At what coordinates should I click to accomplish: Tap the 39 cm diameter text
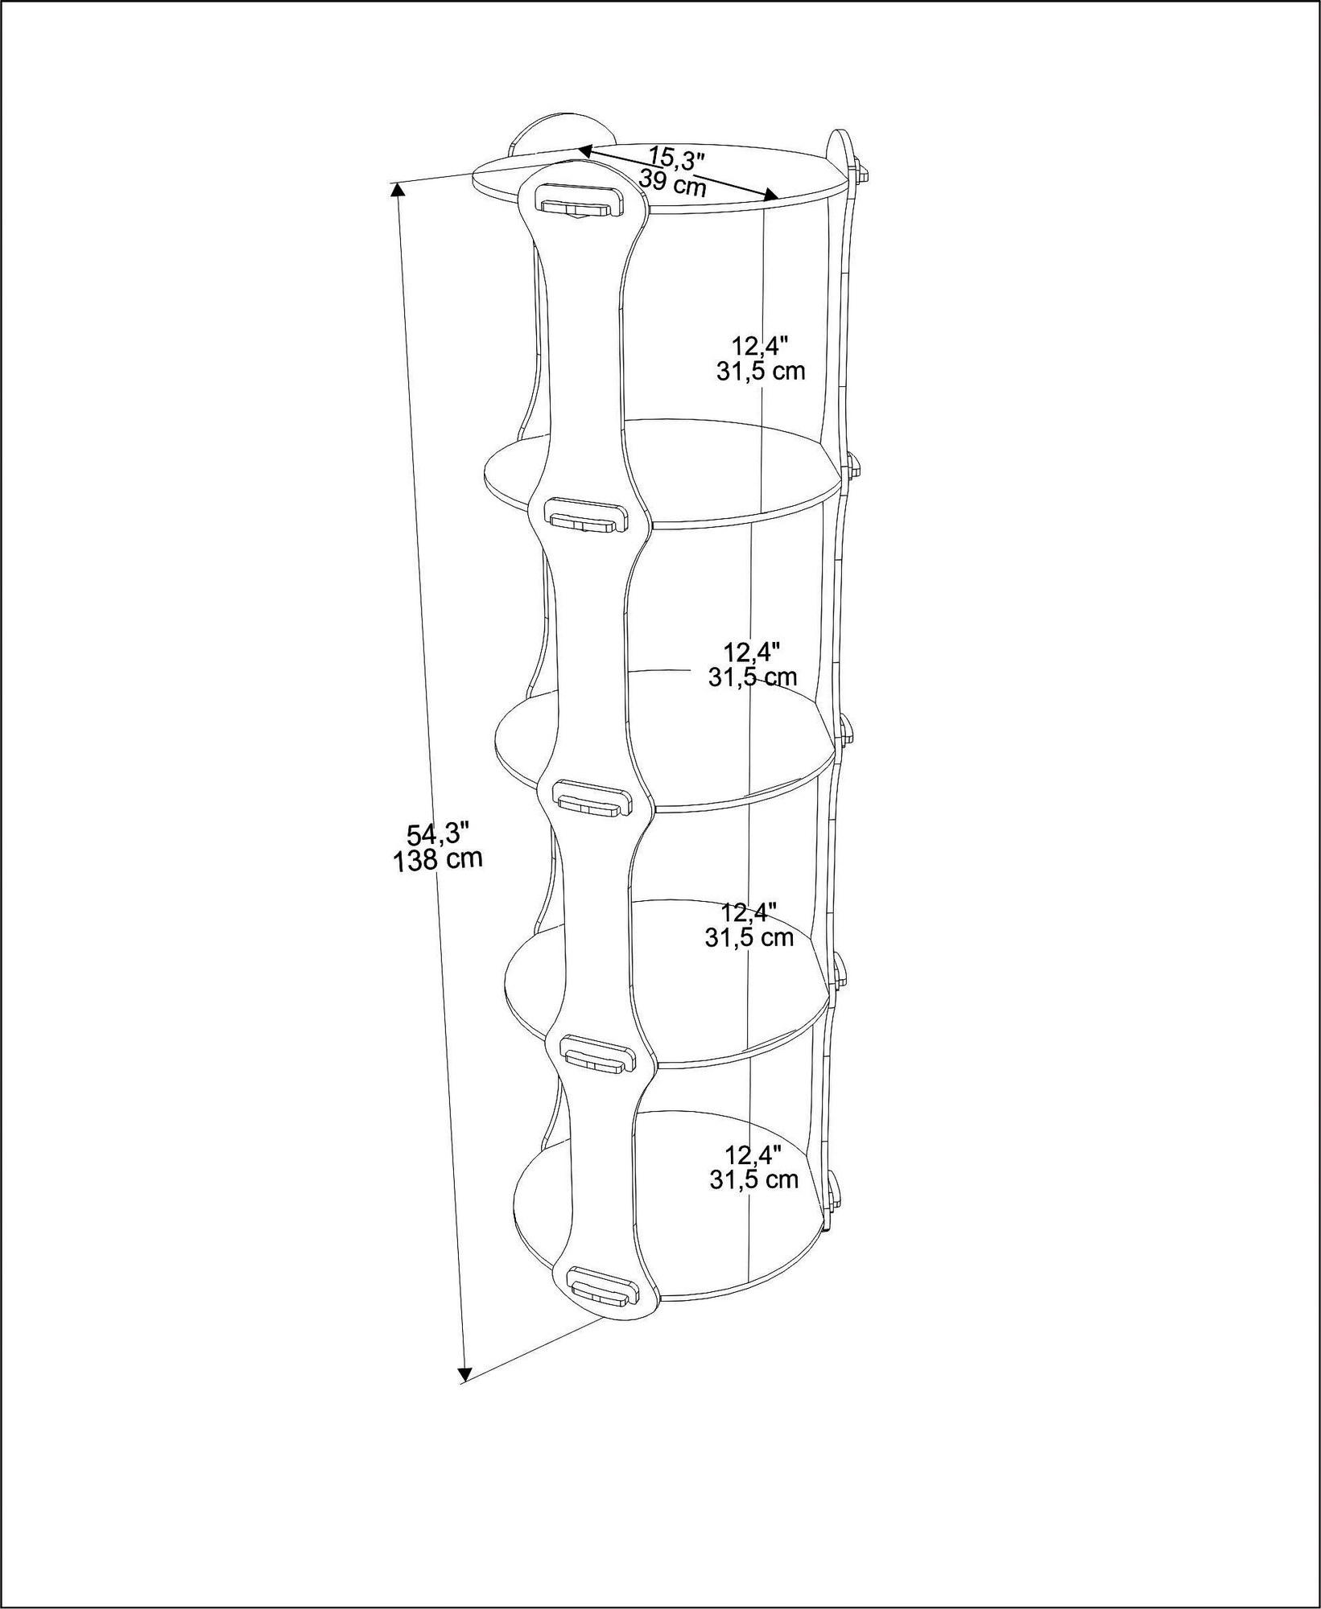point(673,184)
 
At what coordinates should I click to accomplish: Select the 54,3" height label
point(437,833)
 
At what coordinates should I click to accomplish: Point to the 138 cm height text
point(437,860)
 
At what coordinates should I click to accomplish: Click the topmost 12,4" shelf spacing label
point(759,345)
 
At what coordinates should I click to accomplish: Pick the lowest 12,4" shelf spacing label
point(753,1156)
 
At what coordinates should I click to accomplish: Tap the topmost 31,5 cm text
point(759,371)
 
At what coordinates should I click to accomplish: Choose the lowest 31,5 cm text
point(753,1180)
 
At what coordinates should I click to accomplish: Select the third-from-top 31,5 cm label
point(749,937)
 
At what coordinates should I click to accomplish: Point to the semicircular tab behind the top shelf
point(562,132)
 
